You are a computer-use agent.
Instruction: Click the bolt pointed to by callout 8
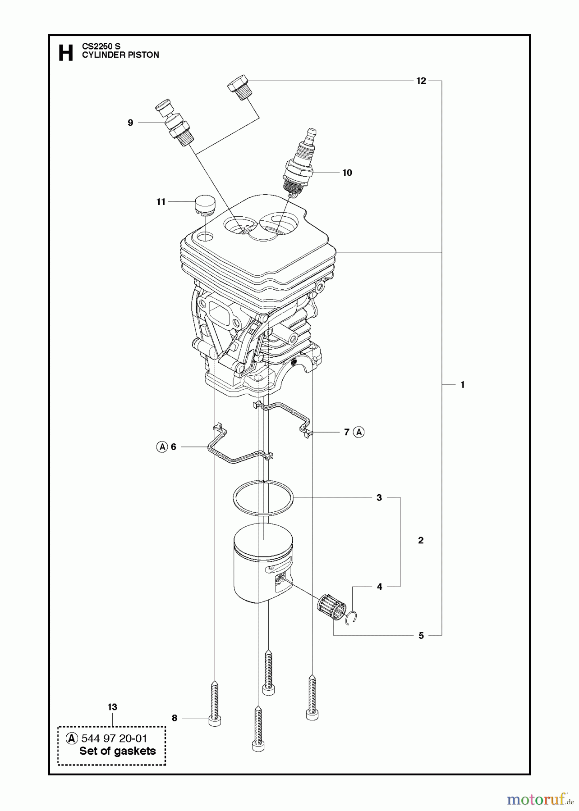tap(215, 702)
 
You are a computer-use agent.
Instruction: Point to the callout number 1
tap(462, 385)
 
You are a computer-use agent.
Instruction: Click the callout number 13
tap(112, 707)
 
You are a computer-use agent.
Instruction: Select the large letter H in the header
tap(66, 53)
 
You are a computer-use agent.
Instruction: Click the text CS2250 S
tap(101, 46)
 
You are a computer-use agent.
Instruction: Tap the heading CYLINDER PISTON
tap(120, 55)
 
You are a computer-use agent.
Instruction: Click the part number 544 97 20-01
tap(114, 738)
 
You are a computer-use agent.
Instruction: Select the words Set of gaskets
tap(117, 751)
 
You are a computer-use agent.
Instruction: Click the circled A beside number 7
tap(359, 432)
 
